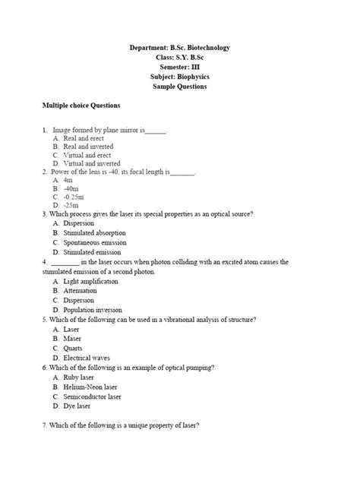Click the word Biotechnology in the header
pyautogui.click(x=200, y=48)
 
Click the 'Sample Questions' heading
pyautogui.click(x=179, y=87)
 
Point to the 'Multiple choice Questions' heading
pyautogui.click(x=81, y=105)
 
